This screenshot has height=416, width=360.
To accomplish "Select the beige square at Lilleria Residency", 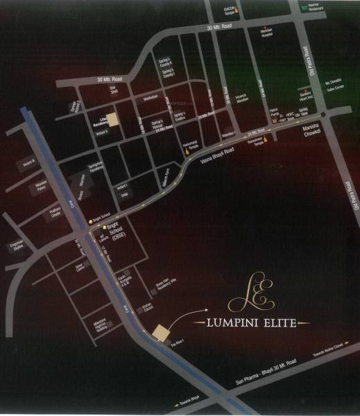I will (114, 120).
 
